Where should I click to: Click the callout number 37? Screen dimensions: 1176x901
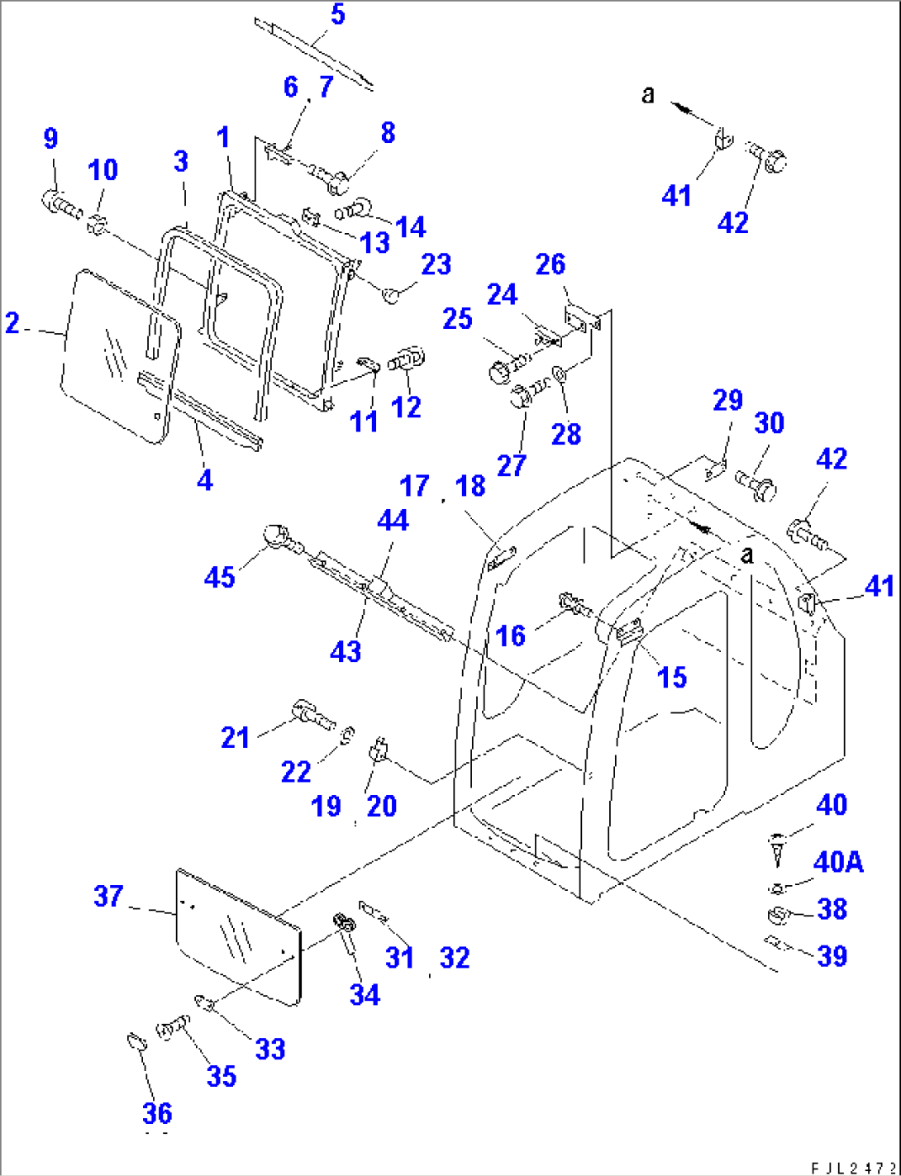coord(108,896)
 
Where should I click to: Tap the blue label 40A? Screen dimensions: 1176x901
coord(838,862)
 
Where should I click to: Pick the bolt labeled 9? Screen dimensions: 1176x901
coord(60,202)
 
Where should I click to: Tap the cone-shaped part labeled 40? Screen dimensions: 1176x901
coord(777,850)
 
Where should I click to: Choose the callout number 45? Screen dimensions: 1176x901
coord(219,576)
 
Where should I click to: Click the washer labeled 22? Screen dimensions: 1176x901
coord(349,733)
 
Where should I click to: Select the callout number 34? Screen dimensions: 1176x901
coord(364,994)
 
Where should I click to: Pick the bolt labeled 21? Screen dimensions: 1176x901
coord(310,712)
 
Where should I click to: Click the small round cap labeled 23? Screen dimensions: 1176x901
coord(393,293)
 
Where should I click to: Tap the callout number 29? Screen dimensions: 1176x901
coord(727,400)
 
